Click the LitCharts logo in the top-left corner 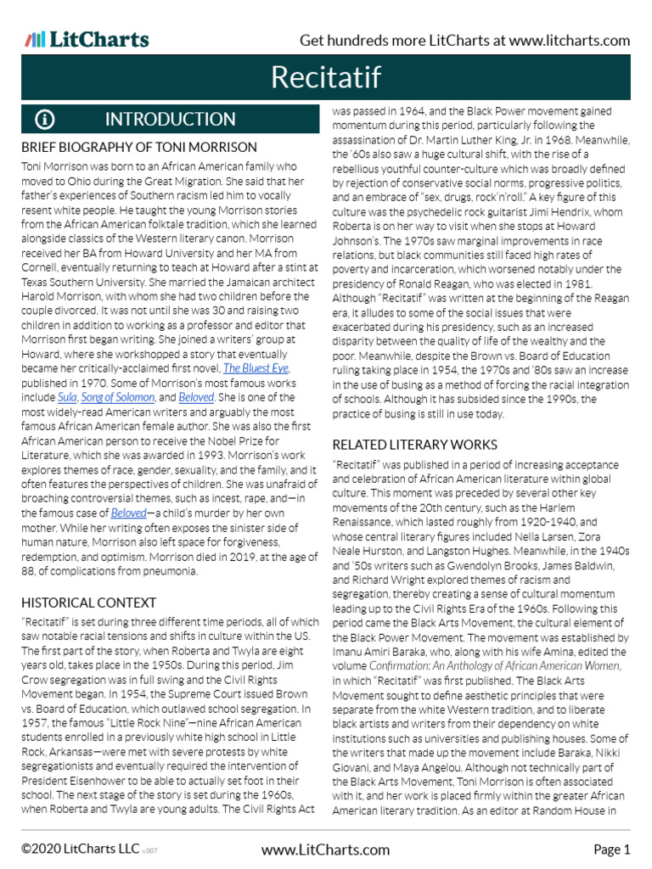click(87, 40)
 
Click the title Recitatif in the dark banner click(326, 78)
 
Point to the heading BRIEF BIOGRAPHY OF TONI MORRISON click(139, 147)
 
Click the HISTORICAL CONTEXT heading click(89, 603)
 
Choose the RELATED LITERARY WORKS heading click(414, 445)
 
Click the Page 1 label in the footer click(611, 849)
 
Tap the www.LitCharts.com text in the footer click(326, 849)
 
